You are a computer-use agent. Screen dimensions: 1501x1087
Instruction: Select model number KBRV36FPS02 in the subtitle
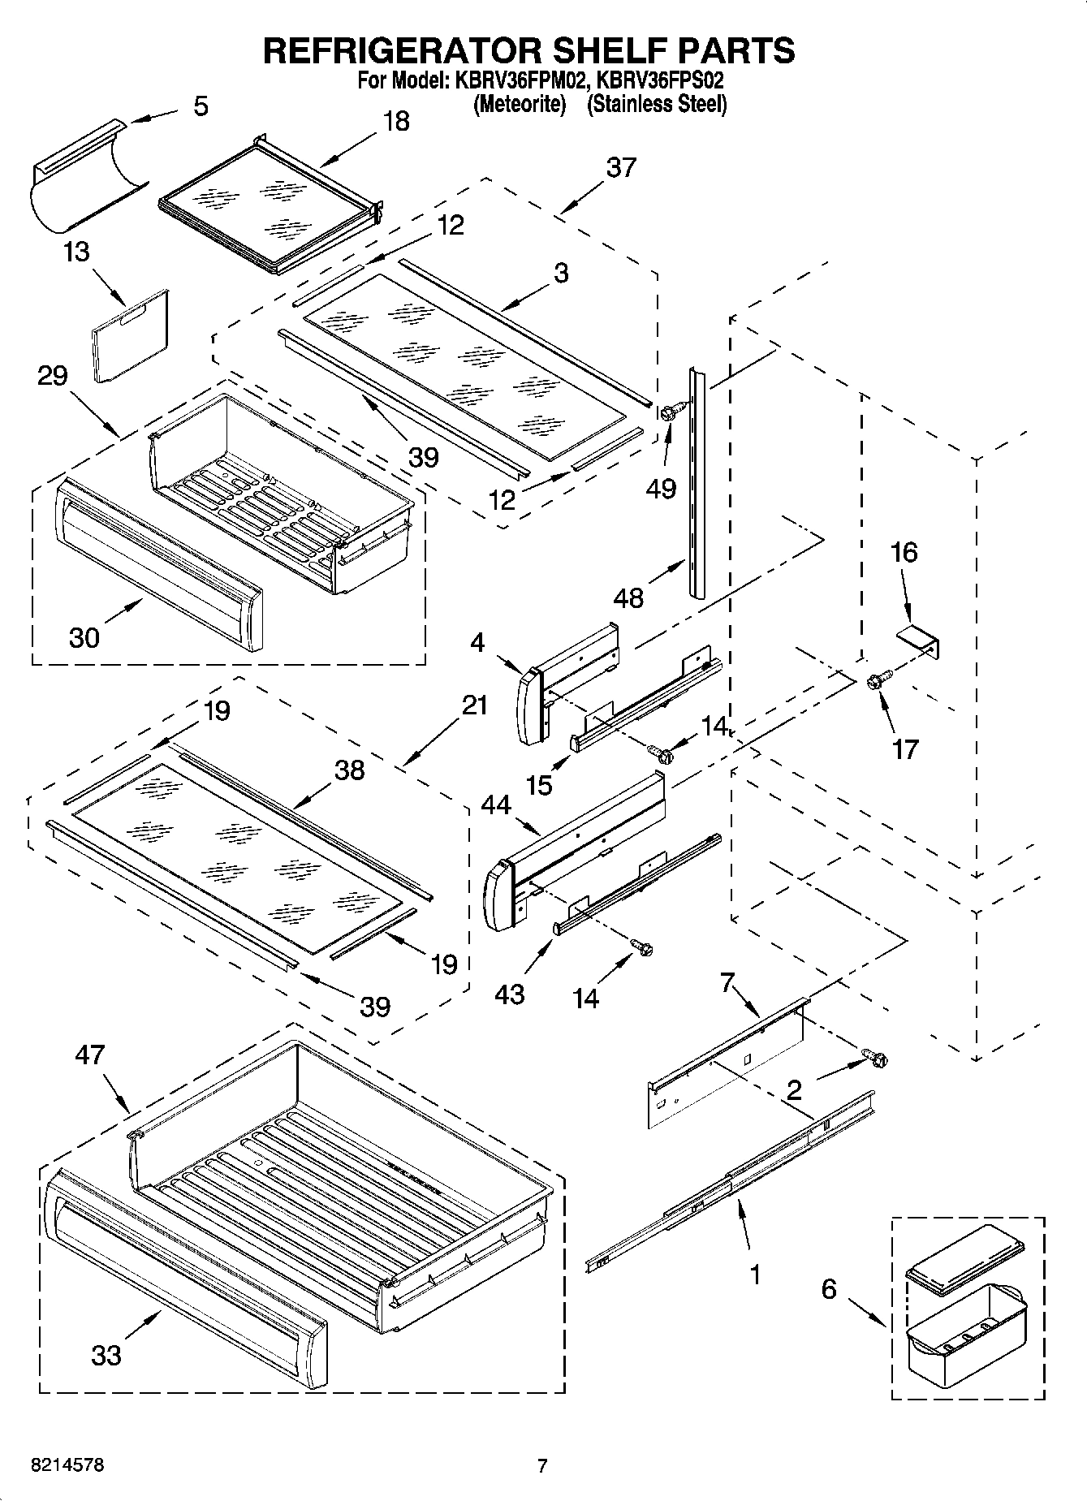pyautogui.click(x=660, y=81)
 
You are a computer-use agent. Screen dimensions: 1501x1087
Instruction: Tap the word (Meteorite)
pyautogui.click(x=519, y=104)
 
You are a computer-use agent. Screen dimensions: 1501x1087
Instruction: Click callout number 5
pyautogui.click(x=201, y=106)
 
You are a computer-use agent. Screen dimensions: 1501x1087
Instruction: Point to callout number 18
pyautogui.click(x=395, y=121)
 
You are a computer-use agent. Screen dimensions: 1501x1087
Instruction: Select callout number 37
pyautogui.click(x=621, y=167)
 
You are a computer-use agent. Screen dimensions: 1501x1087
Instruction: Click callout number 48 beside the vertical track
pyautogui.click(x=629, y=598)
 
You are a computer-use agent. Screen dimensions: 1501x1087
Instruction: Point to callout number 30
pyautogui.click(x=84, y=637)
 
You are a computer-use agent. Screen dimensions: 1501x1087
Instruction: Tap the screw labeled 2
pyautogui.click(x=875, y=1058)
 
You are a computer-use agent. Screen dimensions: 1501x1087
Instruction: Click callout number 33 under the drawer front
pyautogui.click(x=106, y=1354)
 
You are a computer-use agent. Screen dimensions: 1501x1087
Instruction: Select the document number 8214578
pyautogui.click(x=67, y=1465)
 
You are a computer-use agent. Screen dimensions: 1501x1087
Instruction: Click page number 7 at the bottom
pyautogui.click(x=542, y=1465)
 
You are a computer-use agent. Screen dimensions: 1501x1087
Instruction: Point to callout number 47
pyautogui.click(x=89, y=1055)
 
